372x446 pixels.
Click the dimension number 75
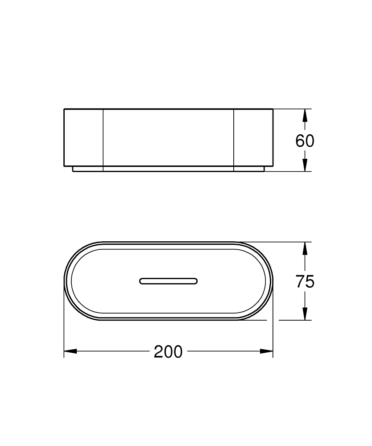pyautogui.click(x=305, y=281)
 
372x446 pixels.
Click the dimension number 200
pyautogui.click(x=168, y=352)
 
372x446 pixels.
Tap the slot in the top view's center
pyautogui.click(x=168, y=281)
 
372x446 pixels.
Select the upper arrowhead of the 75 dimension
pyautogui.click(x=305, y=248)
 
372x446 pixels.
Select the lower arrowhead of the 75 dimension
pyautogui.click(x=305, y=314)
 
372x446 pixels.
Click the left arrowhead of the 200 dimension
pyautogui.click(x=70, y=351)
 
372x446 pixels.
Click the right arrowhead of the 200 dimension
pyautogui.click(x=267, y=351)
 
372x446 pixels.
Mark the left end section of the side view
pyautogui.click(x=84, y=137)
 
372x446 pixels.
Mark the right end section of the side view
pyautogui.click(x=253, y=137)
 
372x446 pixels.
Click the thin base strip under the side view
pyautogui.click(x=169, y=169)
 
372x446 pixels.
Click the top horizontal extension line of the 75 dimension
pyautogui.click(x=285, y=242)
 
